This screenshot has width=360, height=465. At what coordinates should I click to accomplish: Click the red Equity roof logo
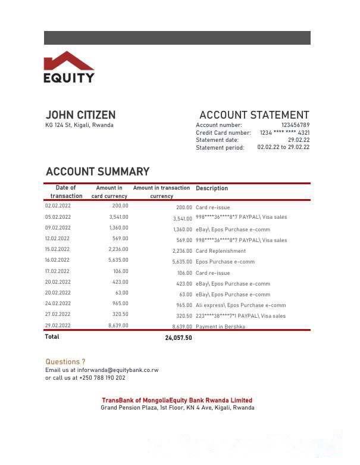pos(69,61)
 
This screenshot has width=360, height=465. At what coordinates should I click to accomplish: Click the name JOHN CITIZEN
pos(80,115)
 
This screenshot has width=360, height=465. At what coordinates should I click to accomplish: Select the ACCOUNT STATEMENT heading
pos(254,115)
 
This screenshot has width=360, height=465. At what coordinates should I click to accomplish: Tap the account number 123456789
pos(295,125)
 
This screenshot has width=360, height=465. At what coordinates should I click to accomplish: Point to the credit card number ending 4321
pos(284,133)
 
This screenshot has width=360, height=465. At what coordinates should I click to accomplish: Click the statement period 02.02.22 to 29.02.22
pos(283,147)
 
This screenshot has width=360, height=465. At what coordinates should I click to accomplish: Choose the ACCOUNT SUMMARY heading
pos(98,172)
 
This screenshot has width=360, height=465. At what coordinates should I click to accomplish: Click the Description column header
pos(212,188)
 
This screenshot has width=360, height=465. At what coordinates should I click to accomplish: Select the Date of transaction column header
pos(67,192)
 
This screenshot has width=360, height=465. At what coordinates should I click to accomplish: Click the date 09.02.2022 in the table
pos(58,228)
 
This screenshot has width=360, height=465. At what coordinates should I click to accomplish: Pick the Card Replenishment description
pos(221,251)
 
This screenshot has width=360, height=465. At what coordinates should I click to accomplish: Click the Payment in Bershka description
pos(220,327)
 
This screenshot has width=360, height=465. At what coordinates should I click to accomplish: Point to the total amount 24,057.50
pos(179,338)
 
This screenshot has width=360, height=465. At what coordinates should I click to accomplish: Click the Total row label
pos(52,337)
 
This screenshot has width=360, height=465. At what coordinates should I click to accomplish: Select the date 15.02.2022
pos(58,249)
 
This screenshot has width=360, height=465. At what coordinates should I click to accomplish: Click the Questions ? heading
pos(65,362)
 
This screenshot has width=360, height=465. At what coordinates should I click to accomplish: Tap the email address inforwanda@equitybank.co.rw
pos(118,370)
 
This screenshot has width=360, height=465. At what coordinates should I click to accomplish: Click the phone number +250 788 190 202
pos(102,378)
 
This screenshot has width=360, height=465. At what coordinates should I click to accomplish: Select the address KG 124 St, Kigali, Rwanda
pos(79,125)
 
